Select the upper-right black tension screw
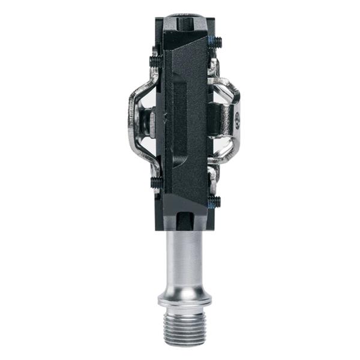(216, 42)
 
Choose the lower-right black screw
(215, 202)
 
